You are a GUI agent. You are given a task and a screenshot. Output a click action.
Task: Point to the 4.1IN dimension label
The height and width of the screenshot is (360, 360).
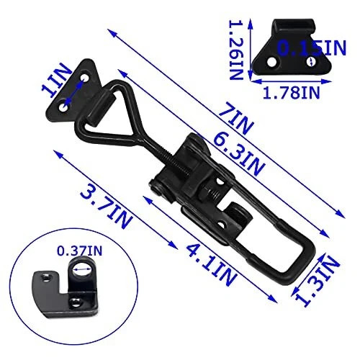click(212, 264)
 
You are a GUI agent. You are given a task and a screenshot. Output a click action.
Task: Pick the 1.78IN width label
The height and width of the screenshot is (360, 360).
click(292, 93)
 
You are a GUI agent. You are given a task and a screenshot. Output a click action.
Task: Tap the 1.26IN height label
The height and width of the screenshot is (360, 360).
click(236, 50)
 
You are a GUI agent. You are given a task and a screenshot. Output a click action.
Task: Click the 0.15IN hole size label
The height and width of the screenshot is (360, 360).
click(312, 48)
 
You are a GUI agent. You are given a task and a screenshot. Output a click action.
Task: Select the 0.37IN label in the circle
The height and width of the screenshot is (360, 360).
click(79, 251)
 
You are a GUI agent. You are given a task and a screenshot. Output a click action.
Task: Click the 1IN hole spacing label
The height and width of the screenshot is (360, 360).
click(56, 80)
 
